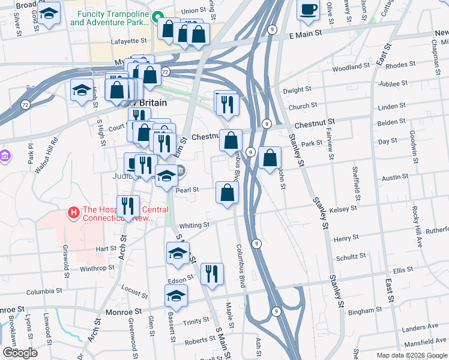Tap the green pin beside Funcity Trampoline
tap(157, 17)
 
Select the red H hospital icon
tap(74, 212)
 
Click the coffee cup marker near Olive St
tap(309, 10)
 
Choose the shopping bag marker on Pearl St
tap(228, 193)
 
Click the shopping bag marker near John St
tap(271, 158)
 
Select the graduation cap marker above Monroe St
tap(176, 296)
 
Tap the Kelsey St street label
tap(344, 209)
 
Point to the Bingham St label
tap(361, 312)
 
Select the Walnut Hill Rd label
tap(46, 155)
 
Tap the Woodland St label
tap(351, 67)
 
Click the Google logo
tap(20, 353)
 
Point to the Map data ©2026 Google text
tap(411, 355)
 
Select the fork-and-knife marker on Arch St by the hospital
tap(128, 206)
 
